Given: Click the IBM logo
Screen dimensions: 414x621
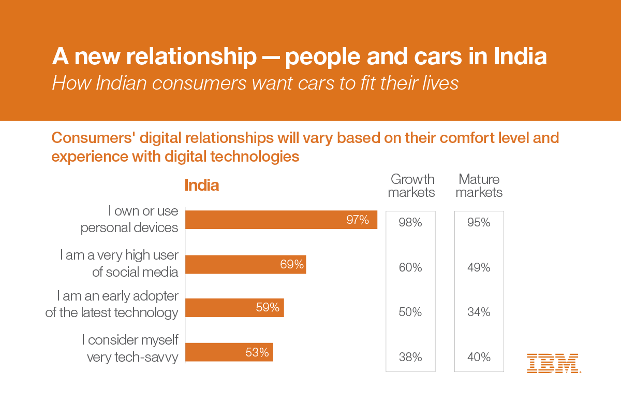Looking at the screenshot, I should pos(553,363).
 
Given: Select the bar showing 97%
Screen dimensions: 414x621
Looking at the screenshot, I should pos(281,220).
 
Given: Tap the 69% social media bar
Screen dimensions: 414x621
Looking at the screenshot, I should pos(245,264).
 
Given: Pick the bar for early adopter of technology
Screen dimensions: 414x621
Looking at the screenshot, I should pos(234,308).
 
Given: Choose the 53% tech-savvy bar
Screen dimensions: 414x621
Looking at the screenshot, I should pos(229,352).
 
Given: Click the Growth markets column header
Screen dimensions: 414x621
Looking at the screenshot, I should pos(411,186).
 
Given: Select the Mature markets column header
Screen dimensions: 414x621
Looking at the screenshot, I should pos(479,186).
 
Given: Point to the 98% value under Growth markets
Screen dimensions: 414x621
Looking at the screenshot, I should pos(411,223).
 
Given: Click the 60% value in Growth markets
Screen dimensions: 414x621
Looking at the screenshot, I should pos(411,268).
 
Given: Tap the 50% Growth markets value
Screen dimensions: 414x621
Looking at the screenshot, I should pos(411,312).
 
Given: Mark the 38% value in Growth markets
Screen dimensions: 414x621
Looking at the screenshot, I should pos(411,357).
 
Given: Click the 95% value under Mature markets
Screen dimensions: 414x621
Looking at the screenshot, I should pos(479,223).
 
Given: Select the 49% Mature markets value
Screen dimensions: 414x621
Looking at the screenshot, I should pos(479,268).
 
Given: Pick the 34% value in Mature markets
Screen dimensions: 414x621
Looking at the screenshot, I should pos(479,312).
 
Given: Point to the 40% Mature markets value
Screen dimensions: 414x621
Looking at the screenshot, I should pos(479,357).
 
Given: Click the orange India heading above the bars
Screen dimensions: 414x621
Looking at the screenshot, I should pos(202,185).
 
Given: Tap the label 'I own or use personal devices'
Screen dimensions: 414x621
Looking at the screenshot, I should pos(129,219).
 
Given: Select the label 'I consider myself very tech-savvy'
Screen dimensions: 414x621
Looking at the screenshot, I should pos(130,348).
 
